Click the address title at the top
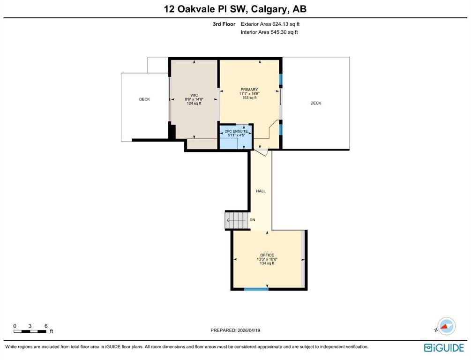point(235,9)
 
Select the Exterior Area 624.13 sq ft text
point(270,24)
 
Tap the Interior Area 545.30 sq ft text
point(269,32)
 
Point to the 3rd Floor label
point(224,24)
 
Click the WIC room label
point(194,95)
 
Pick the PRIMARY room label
point(249,90)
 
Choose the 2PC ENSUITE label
point(236,131)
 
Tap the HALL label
point(261,191)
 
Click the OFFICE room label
point(267,255)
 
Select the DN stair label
point(252,220)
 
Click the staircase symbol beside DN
point(237,220)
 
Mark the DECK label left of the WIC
point(144,99)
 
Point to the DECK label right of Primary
point(316,103)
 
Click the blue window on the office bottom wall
point(256,289)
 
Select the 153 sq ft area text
point(249,97)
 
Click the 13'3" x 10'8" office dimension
point(267,259)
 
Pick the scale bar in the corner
point(30,331)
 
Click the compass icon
point(446,326)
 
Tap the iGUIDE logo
point(444,348)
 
